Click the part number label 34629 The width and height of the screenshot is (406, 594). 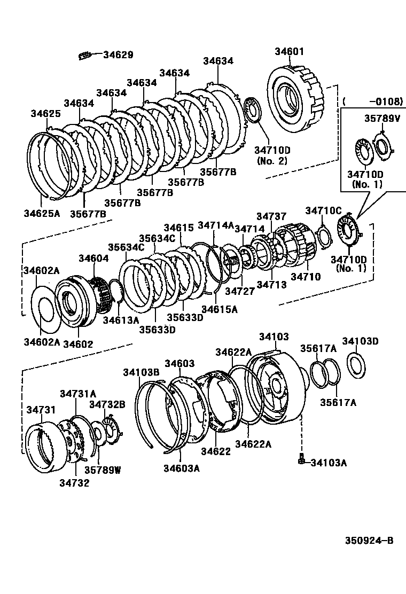[x=118, y=54]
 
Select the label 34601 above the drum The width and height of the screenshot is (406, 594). [x=290, y=52]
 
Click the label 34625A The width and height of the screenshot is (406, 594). [x=42, y=213]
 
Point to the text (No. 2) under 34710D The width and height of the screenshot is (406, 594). [x=271, y=160]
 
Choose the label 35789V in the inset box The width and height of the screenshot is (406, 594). [x=382, y=118]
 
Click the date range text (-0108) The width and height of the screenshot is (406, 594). [x=372, y=101]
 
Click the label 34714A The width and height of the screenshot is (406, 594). [x=216, y=225]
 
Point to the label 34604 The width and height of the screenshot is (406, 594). [x=93, y=258]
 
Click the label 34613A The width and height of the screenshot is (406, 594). [x=121, y=320]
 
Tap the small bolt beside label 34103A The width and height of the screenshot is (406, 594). [x=302, y=459]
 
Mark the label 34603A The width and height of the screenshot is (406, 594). [x=182, y=468]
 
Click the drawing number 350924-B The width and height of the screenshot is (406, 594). [x=369, y=541]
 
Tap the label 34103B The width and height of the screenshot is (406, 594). [x=141, y=372]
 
